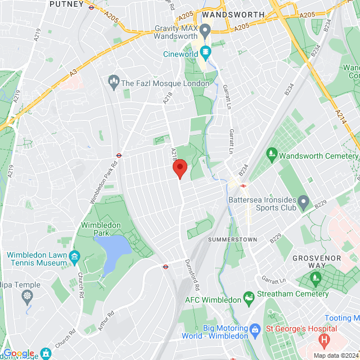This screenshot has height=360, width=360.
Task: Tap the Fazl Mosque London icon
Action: coord(114,83)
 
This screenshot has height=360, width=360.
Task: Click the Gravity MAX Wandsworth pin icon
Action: coord(205,29)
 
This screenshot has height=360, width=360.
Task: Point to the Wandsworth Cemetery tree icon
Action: coord(272,153)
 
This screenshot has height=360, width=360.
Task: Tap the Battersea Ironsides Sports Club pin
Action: coord(304,201)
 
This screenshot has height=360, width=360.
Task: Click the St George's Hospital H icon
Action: coord(324,340)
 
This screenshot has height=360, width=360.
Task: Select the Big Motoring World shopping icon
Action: coord(255,328)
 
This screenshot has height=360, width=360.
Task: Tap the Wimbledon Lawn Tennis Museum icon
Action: coord(74,258)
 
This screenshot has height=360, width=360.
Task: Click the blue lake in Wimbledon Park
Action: coord(116,248)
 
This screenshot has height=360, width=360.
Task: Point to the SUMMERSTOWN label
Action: coord(232,240)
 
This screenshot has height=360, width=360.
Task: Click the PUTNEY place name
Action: coord(66,4)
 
